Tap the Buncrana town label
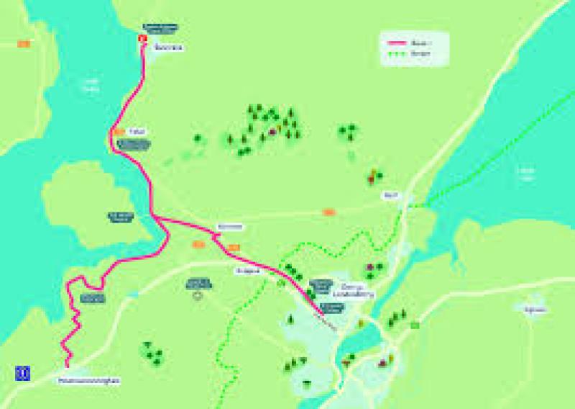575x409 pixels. pyautogui.click(x=169, y=48)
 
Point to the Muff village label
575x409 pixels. pyautogui.click(x=391, y=195)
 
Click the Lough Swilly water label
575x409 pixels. pyautogui.click(x=91, y=86)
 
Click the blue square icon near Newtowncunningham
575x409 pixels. pyautogui.click(x=22, y=372)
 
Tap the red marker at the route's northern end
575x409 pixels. pyautogui.click(x=142, y=39)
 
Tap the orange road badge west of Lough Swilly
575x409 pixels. pyautogui.click(x=24, y=44)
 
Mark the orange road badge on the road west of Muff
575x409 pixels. pyautogui.click(x=329, y=212)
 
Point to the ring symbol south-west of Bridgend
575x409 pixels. pyautogui.click(x=198, y=295)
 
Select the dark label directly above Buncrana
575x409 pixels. pyautogui.click(x=160, y=28)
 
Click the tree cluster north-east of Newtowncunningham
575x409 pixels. pyautogui.click(x=152, y=353)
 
